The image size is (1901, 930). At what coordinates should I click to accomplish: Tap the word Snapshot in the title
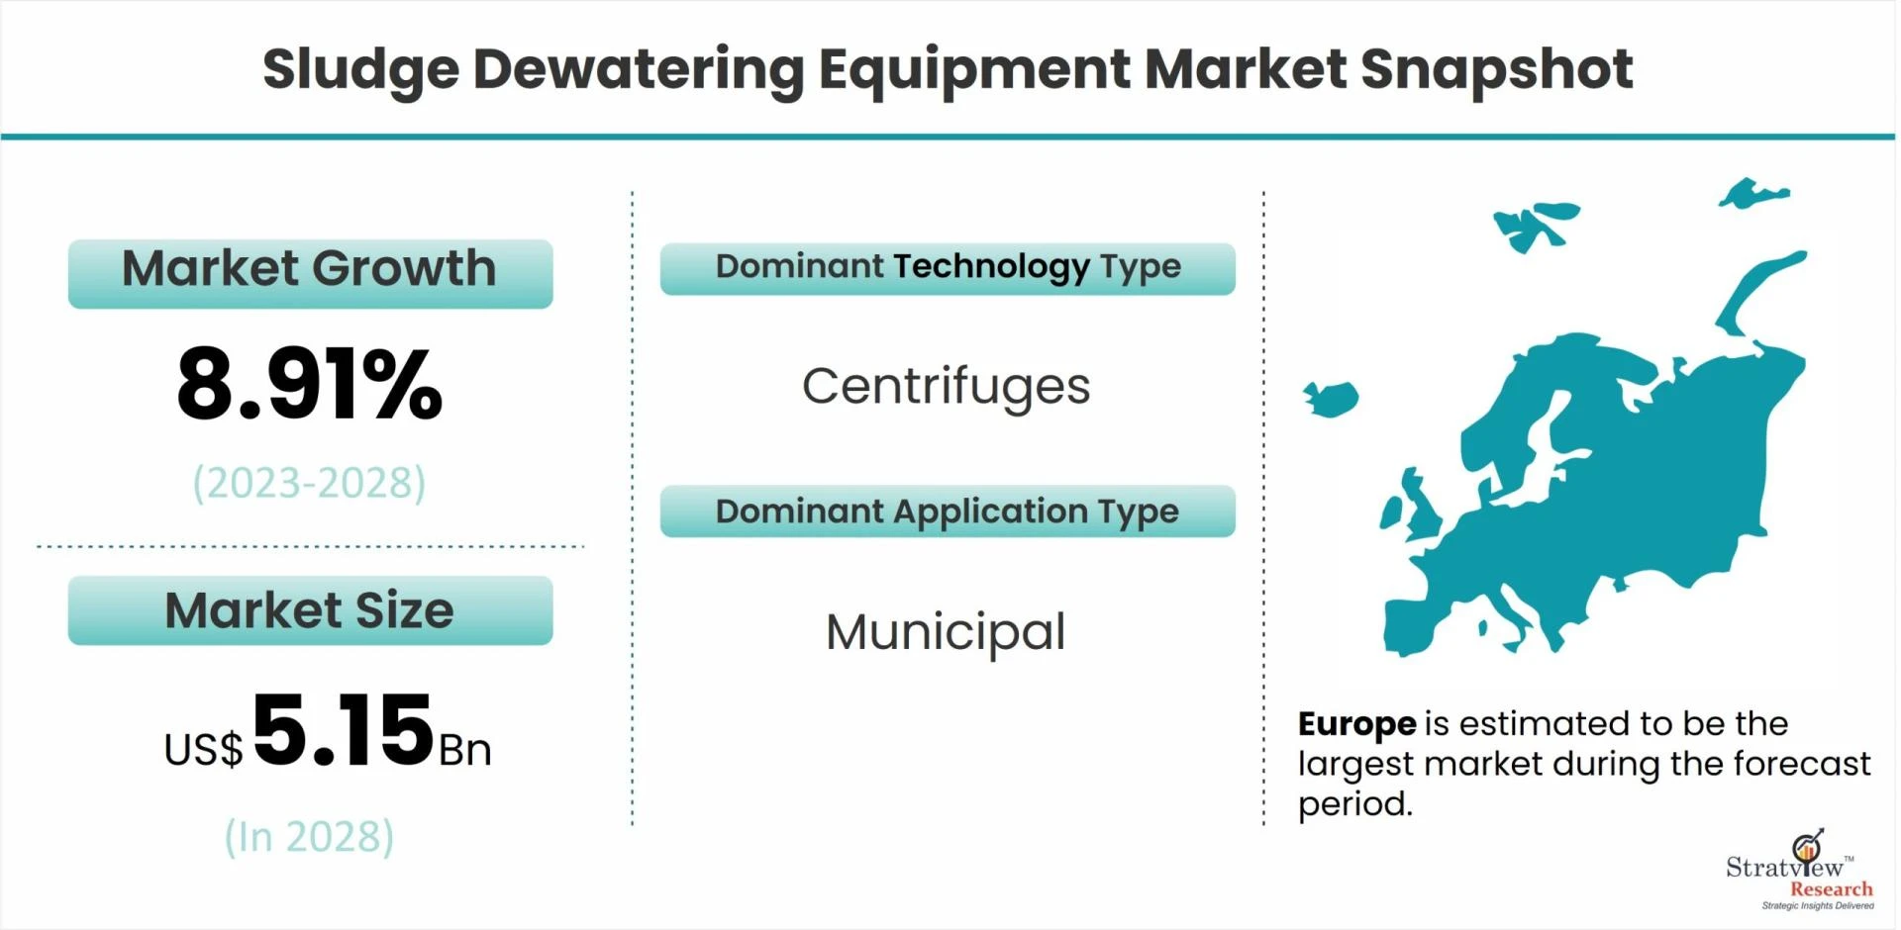(1496, 70)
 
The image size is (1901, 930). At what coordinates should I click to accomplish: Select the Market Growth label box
(310, 273)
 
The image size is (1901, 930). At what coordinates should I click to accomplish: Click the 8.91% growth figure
(309, 383)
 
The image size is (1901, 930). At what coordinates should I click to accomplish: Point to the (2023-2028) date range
(309, 483)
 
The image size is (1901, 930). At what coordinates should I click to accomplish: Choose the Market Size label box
(310, 610)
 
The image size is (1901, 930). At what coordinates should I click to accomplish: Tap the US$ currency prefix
(203, 749)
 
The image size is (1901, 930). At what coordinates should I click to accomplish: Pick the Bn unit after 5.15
(465, 751)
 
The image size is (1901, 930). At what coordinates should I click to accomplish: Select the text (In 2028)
(309, 837)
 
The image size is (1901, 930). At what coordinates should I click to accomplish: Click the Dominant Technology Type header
(948, 268)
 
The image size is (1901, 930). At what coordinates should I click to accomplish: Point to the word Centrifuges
(946, 387)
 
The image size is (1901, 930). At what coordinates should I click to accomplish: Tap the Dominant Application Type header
(948, 511)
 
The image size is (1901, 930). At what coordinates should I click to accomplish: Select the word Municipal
(946, 632)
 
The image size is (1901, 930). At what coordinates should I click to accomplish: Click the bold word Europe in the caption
(1356, 725)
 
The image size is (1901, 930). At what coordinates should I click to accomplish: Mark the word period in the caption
(1354, 805)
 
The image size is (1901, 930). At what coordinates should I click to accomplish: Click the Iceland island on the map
(1331, 399)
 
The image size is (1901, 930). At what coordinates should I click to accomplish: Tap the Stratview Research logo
(1800, 870)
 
